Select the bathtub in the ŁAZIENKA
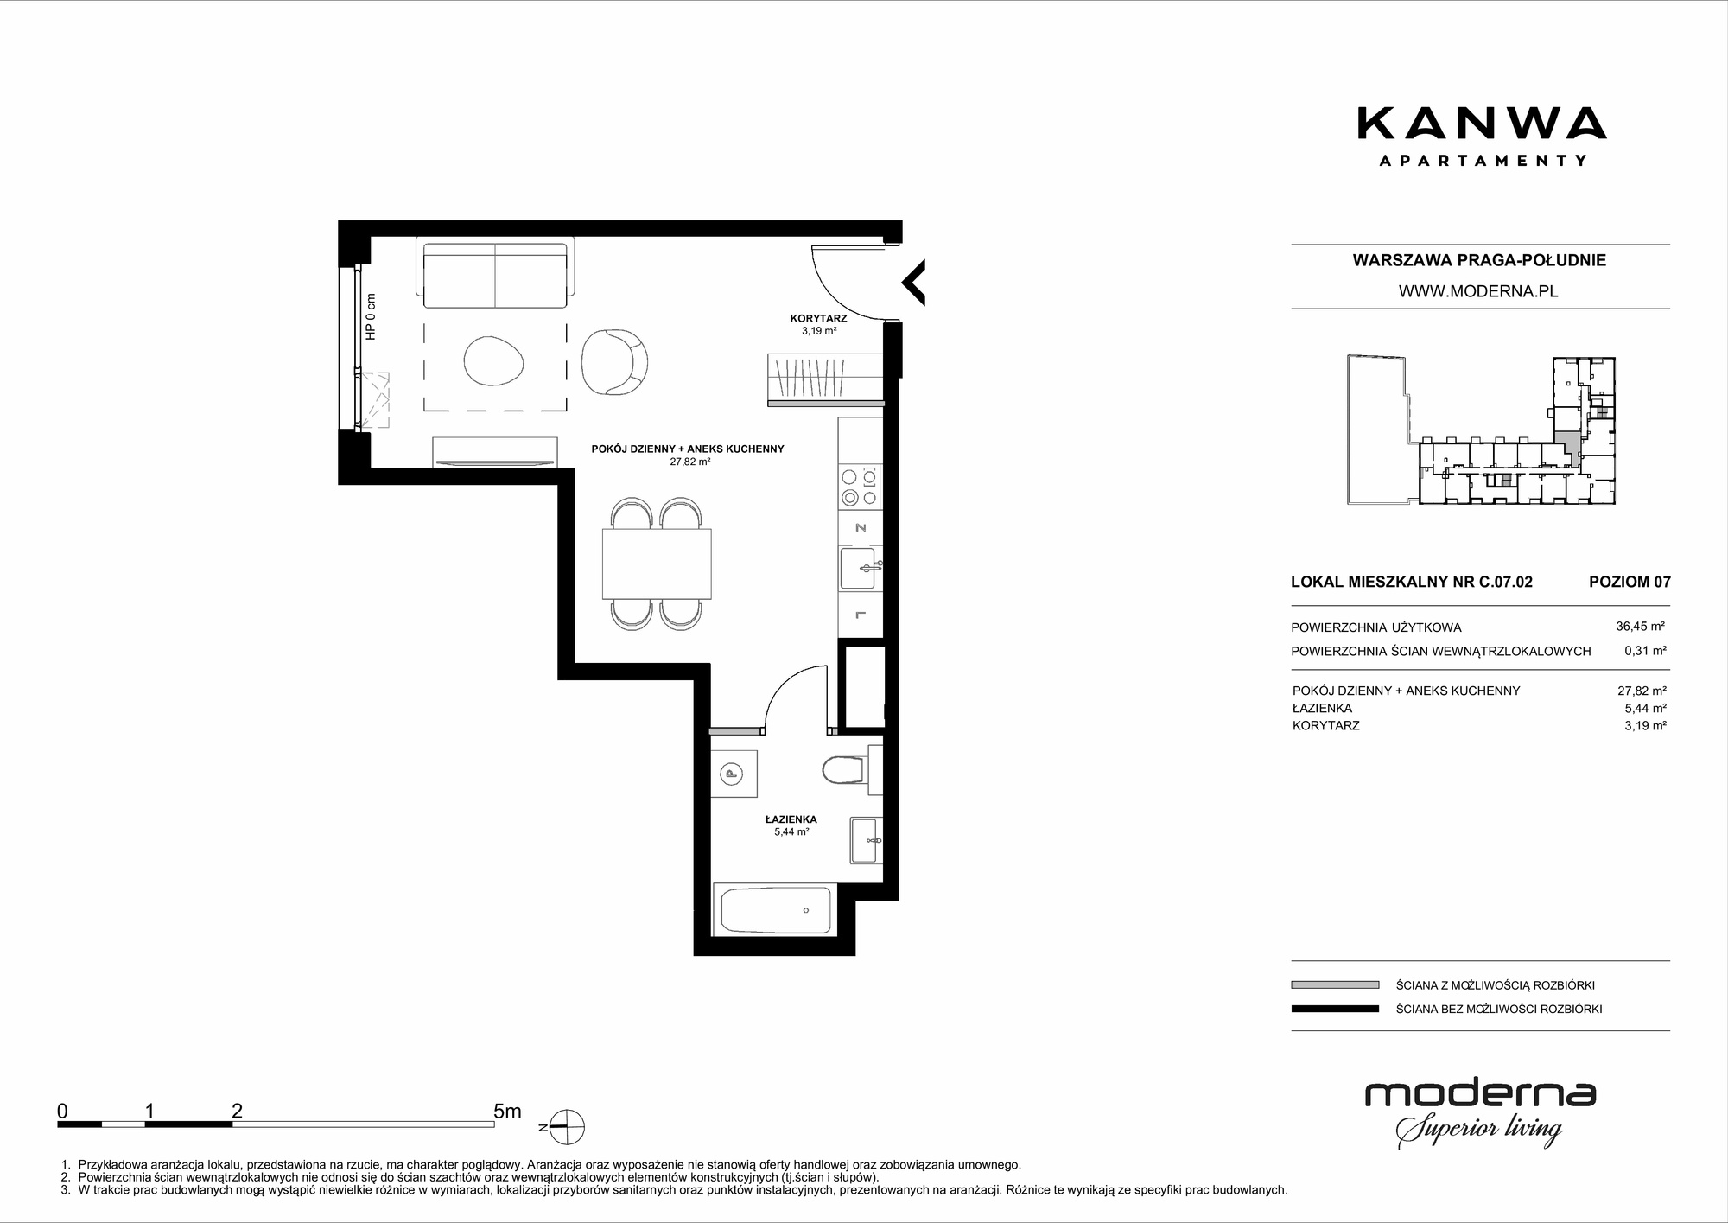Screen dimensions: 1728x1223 pyautogui.click(x=773, y=909)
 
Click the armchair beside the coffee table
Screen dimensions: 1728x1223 pyautogui.click(x=614, y=361)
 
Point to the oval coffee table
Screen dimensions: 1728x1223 pyautogui.click(x=493, y=360)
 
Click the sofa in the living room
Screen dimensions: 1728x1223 pyautogui.click(x=495, y=272)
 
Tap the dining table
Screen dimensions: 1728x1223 pyautogui.click(x=657, y=563)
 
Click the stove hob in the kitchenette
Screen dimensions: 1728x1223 pyautogui.click(x=861, y=487)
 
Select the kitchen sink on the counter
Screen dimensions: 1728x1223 pyautogui.click(x=861, y=568)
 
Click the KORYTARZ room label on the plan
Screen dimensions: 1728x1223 pyautogui.click(x=819, y=318)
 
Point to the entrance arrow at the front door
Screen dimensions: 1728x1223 pyautogui.click(x=913, y=282)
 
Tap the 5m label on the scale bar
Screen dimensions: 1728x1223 pyautogui.click(x=507, y=1111)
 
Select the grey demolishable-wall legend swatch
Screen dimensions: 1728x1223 pyautogui.click(x=1335, y=984)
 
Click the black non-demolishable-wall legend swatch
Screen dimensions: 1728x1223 pyautogui.click(x=1335, y=1009)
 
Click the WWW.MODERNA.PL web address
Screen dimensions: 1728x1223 pyautogui.click(x=1478, y=291)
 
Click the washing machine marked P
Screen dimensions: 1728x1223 pyautogui.click(x=734, y=774)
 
